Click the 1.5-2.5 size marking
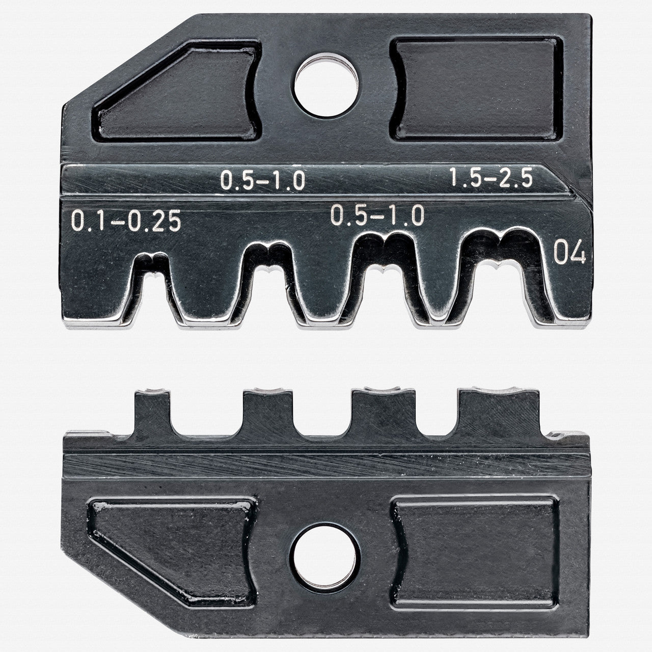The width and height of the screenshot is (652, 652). [491, 178]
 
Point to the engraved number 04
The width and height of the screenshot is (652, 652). [569, 253]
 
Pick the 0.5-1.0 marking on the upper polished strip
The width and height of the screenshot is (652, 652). [262, 180]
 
